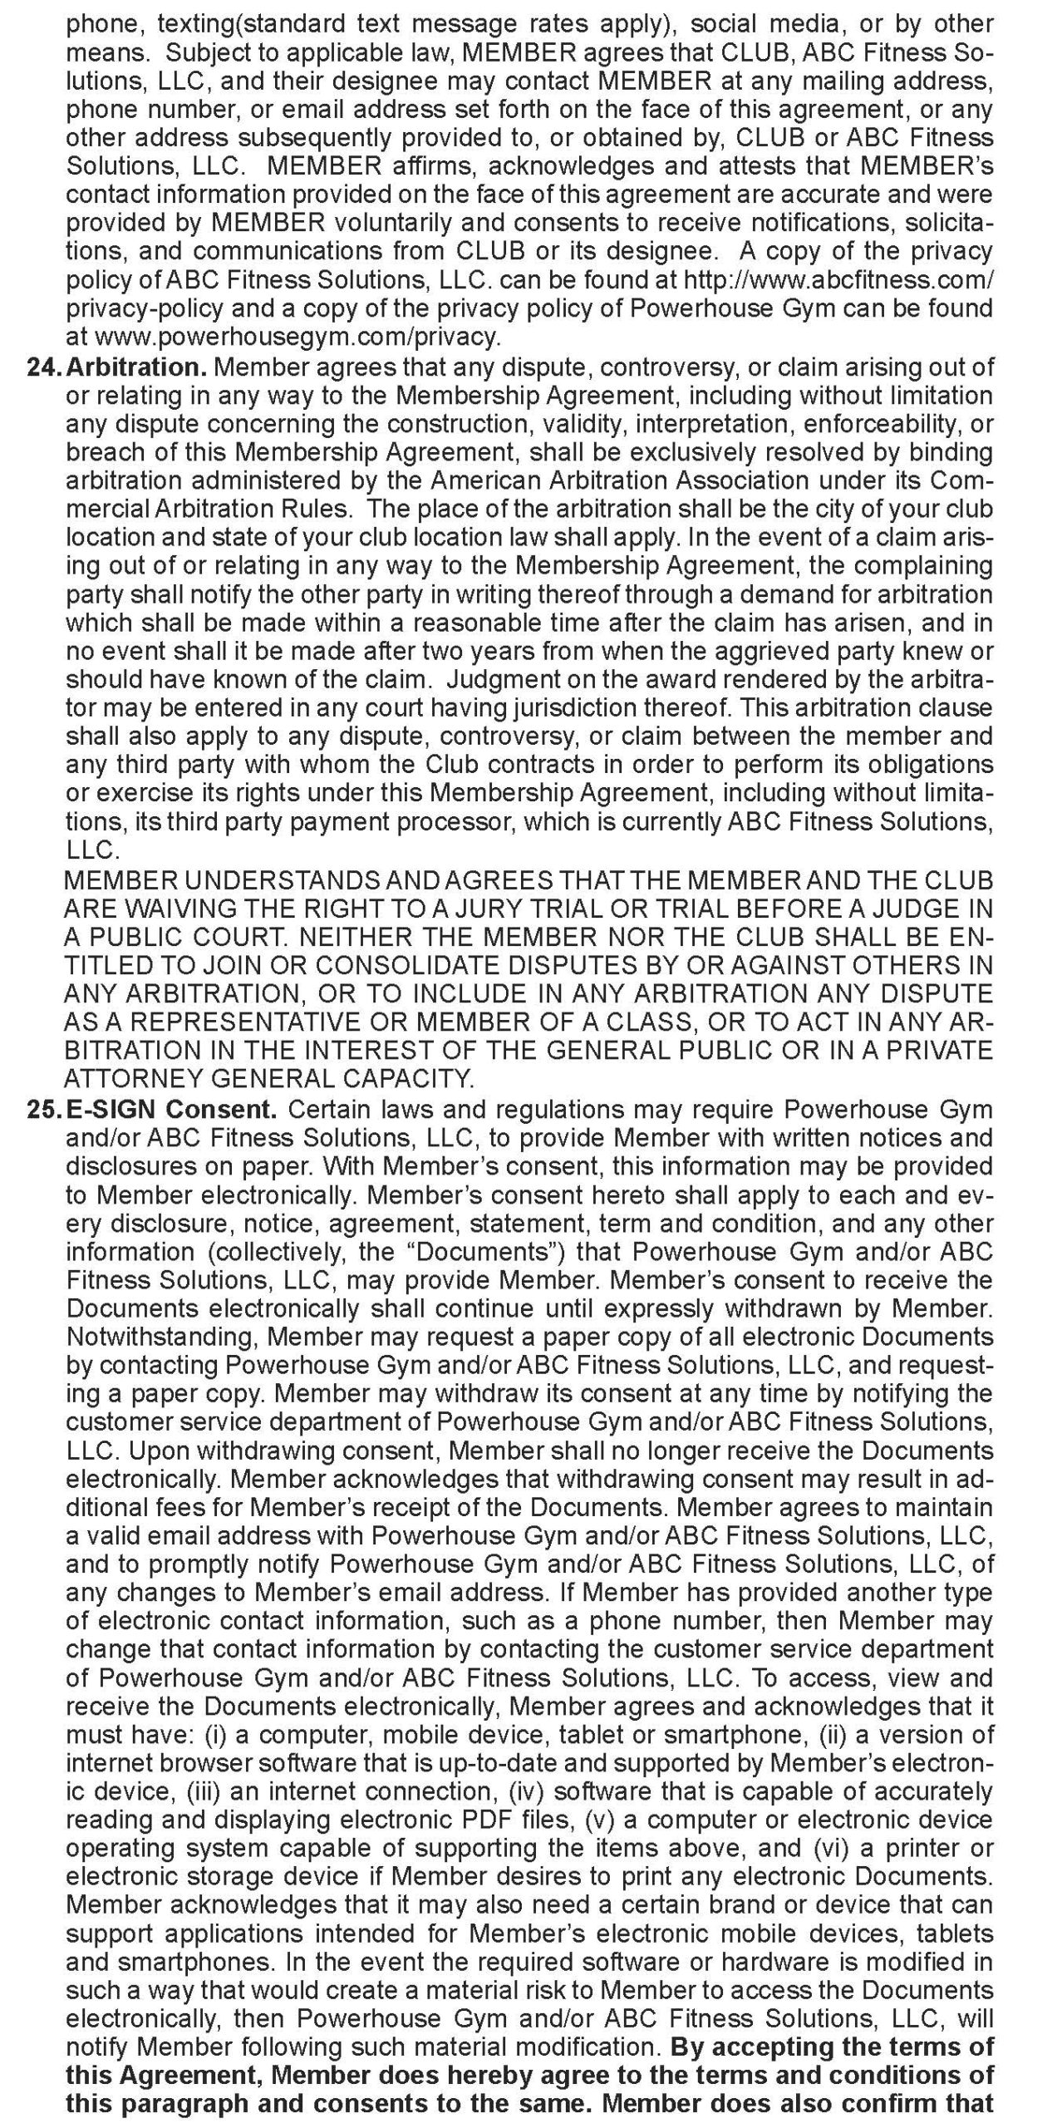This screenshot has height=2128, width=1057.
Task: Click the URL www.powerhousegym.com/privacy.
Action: click(x=298, y=337)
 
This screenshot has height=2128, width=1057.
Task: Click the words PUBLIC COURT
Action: click(x=182, y=937)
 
